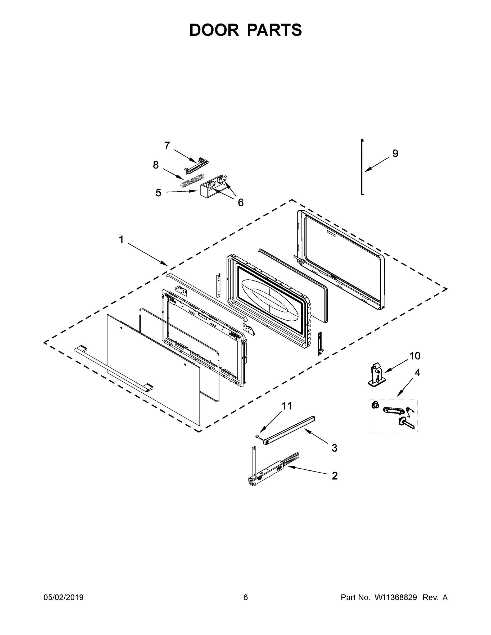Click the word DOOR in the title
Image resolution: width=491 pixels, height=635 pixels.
(x=214, y=30)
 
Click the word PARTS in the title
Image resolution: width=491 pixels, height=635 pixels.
(x=274, y=30)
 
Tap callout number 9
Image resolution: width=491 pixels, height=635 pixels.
(x=395, y=153)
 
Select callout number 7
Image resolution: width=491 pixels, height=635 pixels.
(x=167, y=145)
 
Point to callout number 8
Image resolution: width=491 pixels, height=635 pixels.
(x=156, y=165)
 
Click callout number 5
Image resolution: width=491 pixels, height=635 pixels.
(x=158, y=192)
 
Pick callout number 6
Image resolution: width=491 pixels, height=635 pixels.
(x=241, y=203)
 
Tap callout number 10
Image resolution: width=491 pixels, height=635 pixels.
(x=415, y=356)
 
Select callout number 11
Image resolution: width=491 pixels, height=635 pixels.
(x=287, y=406)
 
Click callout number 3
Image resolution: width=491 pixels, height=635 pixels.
(x=335, y=448)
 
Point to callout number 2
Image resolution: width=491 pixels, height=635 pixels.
(x=335, y=476)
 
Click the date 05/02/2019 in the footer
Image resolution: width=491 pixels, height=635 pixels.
(x=64, y=597)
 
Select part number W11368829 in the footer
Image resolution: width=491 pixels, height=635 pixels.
(x=396, y=597)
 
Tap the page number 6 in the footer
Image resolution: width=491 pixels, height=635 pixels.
(x=246, y=597)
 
